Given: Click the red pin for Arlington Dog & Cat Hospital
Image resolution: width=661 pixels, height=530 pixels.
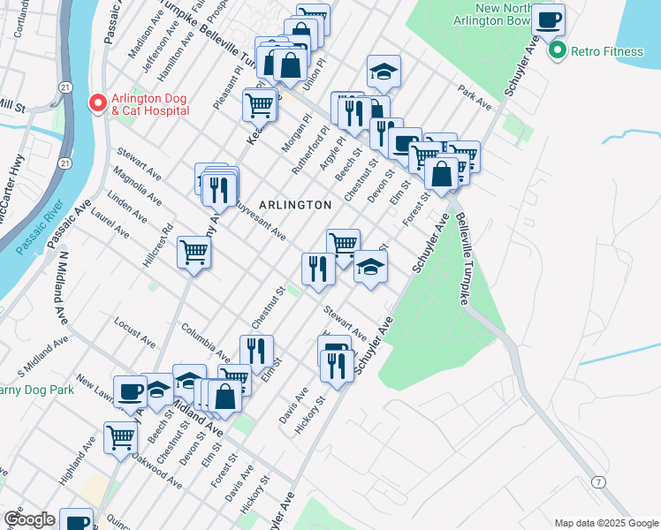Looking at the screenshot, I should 98,103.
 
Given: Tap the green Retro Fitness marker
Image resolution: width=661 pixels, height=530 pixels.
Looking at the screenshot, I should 557,51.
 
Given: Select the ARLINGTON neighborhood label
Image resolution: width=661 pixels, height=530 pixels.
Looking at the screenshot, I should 296,205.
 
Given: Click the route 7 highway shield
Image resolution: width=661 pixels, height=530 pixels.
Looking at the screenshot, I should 600,481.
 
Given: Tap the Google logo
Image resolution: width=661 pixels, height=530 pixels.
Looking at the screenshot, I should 29,519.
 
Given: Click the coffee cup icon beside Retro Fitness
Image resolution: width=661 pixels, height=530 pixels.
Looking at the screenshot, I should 548,19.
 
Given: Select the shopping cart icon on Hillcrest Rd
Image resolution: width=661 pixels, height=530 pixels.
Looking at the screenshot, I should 194,253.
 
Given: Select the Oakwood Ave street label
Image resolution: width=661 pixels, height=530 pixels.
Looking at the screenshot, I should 158,473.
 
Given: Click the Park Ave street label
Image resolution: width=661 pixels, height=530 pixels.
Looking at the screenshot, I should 475,97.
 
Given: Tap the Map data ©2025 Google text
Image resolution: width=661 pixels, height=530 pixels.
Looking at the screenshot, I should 606,523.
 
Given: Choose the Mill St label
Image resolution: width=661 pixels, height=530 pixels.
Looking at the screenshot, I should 12,105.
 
